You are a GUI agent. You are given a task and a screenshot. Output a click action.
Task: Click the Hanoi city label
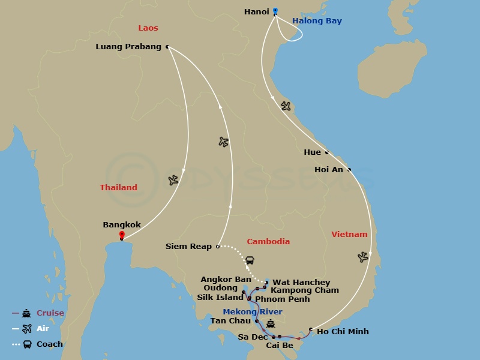[257, 12]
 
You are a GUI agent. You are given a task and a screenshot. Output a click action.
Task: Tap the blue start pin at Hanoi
[275, 11]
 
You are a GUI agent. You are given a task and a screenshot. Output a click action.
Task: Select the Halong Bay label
[317, 21]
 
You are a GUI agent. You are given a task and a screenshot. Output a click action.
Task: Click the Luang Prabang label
[128, 46]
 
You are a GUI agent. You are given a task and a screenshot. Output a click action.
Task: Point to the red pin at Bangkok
[122, 235]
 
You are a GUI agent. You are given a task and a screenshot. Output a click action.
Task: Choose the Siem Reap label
[188, 247]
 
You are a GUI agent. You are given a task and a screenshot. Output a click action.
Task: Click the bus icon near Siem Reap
[250, 260]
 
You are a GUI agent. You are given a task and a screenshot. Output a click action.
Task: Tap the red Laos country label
[148, 28]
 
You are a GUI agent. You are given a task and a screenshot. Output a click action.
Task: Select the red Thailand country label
[118, 188]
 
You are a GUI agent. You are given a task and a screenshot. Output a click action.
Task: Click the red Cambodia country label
[268, 242]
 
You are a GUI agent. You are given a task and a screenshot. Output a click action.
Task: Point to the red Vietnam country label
[349, 235]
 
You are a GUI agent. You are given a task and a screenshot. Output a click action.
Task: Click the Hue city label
[312, 152]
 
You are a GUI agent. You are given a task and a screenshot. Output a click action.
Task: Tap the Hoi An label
[329, 170]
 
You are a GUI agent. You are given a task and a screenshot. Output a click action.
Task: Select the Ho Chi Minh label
[343, 332]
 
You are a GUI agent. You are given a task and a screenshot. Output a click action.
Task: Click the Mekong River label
[253, 312]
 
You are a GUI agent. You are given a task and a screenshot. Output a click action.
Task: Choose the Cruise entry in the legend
[50, 313]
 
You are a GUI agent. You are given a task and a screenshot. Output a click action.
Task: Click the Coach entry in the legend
[49, 344]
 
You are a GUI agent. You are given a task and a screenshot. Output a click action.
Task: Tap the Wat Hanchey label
[301, 283]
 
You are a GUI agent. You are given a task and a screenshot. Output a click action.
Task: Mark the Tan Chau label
[230, 321]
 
